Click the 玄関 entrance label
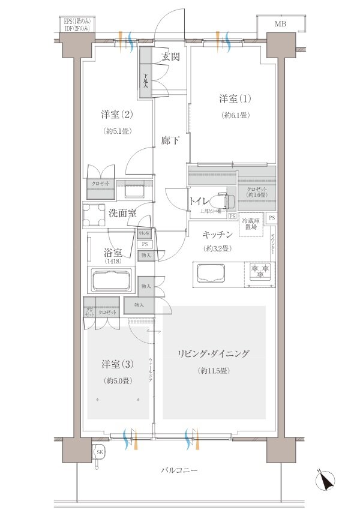click(170, 58)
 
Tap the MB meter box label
click(280, 25)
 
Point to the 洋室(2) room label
click(116, 115)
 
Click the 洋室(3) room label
click(116, 364)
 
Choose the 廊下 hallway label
click(170, 141)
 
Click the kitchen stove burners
click(260, 272)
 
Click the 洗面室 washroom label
click(122, 213)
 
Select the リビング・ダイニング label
click(213, 353)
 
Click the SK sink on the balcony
click(98, 452)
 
